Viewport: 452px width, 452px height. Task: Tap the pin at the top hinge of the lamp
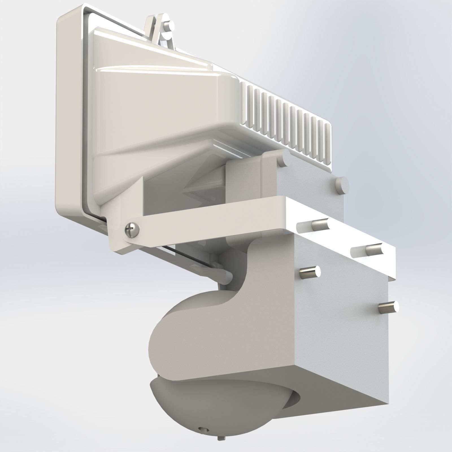[169, 26]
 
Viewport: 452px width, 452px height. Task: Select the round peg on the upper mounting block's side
[341, 185]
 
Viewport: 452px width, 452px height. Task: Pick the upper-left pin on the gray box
[310, 272]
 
